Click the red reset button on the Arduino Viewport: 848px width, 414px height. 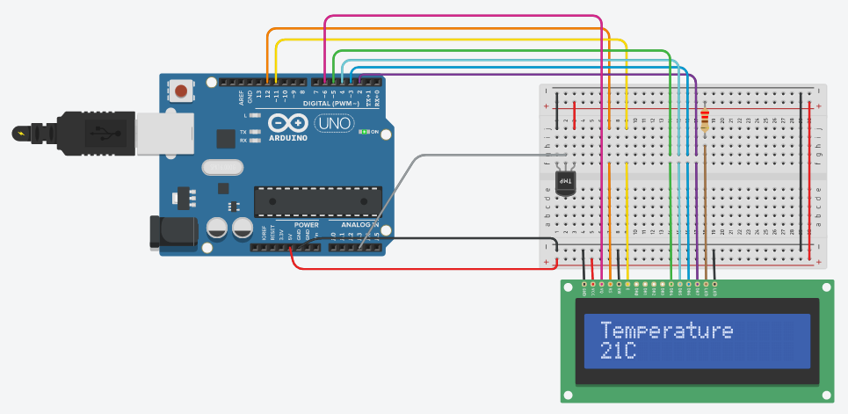182,90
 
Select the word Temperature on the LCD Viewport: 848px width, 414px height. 666,330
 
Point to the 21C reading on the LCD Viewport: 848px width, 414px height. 619,352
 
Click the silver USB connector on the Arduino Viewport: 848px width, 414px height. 158,133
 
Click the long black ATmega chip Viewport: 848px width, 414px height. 317,201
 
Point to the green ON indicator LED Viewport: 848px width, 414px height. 364,132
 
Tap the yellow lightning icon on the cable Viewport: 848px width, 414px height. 20,134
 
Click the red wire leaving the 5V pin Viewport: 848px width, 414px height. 422,267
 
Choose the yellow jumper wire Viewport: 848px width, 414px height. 448,40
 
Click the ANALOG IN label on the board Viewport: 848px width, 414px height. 359,225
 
